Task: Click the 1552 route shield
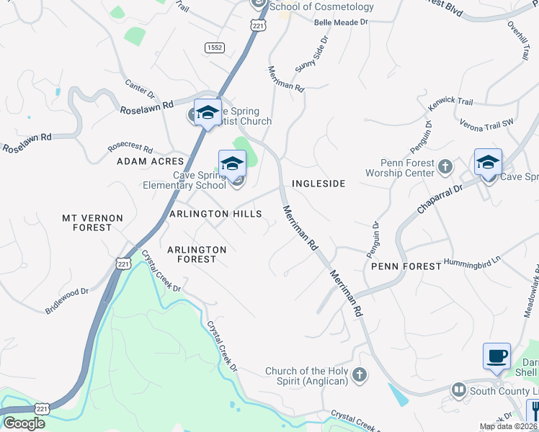coord(213,48)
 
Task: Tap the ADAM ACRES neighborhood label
coord(151,162)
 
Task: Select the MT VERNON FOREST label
coord(92,222)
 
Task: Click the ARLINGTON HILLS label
coord(210,215)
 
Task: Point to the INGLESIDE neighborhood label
coord(318,184)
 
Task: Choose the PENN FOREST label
coord(406,266)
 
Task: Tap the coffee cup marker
coord(496,356)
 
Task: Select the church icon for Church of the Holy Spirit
coord(360,374)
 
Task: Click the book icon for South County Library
coord(458,390)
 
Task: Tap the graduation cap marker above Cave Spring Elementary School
coord(232,163)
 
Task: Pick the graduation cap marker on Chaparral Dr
coord(488,162)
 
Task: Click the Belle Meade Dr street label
coord(341,22)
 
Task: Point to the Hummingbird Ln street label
coord(472,260)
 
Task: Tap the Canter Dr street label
coord(140,89)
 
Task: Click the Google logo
coord(24,423)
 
